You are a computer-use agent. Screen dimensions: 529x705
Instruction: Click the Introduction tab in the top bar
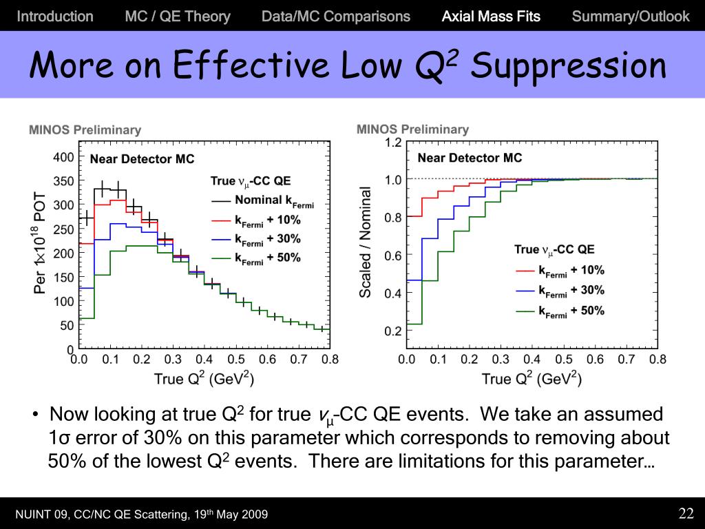[55, 17]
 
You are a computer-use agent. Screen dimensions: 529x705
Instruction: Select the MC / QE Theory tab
[178, 17]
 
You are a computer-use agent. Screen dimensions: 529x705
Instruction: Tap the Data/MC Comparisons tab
[336, 17]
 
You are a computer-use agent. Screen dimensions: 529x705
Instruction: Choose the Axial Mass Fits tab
[491, 17]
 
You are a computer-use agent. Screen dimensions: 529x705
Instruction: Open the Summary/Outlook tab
[630, 17]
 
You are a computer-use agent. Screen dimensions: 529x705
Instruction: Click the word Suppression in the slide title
[569, 67]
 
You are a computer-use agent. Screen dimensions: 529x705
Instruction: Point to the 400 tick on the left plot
[64, 157]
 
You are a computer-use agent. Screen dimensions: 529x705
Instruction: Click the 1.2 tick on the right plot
[392, 143]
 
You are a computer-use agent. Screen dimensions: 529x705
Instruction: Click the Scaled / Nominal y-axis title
[366, 242]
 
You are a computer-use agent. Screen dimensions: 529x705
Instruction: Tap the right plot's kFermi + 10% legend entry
[571, 271]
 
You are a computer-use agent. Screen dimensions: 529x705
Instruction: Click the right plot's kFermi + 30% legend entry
[571, 291]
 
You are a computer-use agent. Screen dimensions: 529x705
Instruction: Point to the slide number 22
[686, 513]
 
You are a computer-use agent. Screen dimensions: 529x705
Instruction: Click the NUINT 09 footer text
[141, 515]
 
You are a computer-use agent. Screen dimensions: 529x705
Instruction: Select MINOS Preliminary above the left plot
[85, 129]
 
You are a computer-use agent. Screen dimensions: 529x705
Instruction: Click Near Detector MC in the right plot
[470, 158]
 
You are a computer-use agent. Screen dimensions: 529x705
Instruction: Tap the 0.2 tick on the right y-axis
[392, 331]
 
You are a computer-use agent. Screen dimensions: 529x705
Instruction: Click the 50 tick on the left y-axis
[67, 325]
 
